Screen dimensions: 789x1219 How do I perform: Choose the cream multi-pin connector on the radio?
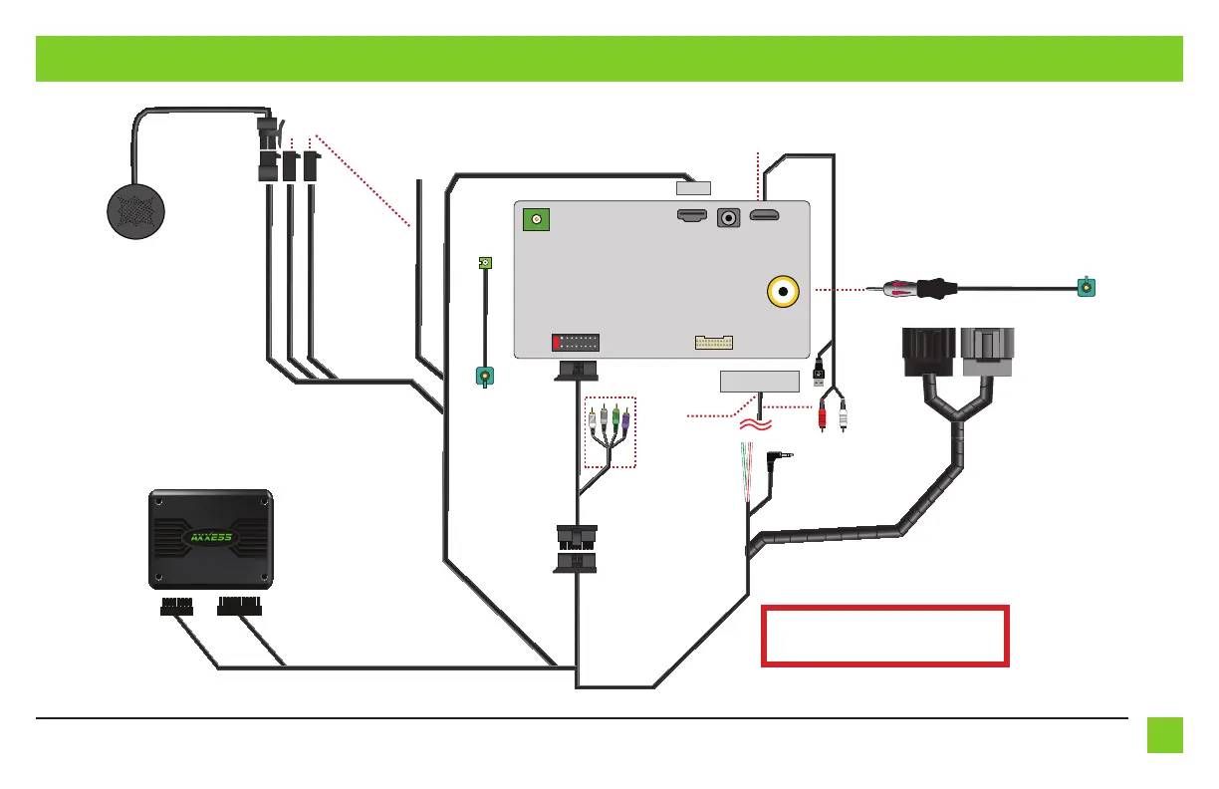coord(714,343)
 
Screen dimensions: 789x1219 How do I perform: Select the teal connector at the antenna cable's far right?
coord(1088,288)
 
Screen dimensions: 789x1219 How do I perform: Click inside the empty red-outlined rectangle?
coord(885,635)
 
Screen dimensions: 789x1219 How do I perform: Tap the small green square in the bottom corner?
coord(1163,735)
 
